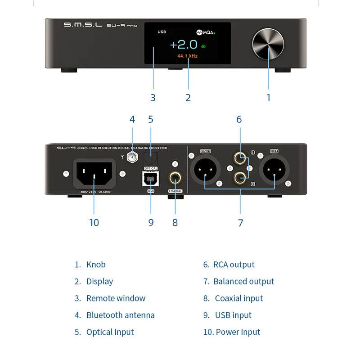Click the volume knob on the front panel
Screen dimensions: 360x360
[268, 45]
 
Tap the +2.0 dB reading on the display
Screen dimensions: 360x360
[184, 44]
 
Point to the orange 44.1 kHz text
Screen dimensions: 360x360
[187, 56]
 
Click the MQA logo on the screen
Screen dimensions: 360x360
[206, 32]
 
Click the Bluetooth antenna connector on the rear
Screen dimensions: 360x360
[132, 157]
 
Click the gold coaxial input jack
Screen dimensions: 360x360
[175, 178]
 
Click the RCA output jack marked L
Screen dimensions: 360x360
[239, 158]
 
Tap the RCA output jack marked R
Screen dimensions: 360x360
[239, 178]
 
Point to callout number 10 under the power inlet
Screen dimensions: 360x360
[94, 222]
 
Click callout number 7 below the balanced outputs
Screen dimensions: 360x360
[240, 222]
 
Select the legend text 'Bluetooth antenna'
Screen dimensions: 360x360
[120, 315]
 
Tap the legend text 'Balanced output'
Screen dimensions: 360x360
[243, 281]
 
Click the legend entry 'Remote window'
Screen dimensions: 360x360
[116, 298]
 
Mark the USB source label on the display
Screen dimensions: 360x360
[162, 32]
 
